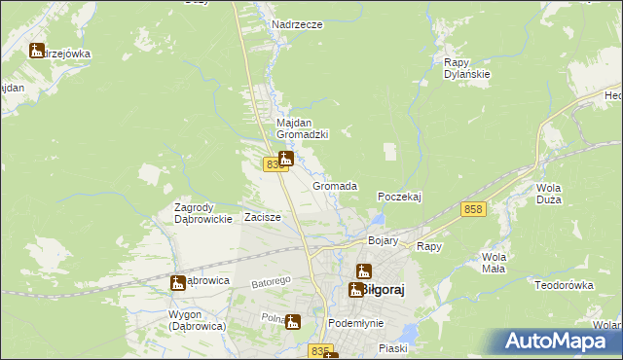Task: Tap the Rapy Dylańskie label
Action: click(464, 67)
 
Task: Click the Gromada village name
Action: click(334, 185)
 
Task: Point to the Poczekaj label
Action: click(398, 196)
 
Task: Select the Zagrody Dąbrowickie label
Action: click(202, 213)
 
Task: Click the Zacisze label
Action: click(263, 217)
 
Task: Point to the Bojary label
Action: click(385, 239)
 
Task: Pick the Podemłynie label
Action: click(355, 323)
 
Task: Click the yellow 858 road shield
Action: click(474, 210)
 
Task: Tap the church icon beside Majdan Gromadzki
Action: click(286, 158)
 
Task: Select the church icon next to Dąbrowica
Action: click(177, 283)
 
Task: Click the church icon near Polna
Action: click(293, 321)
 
